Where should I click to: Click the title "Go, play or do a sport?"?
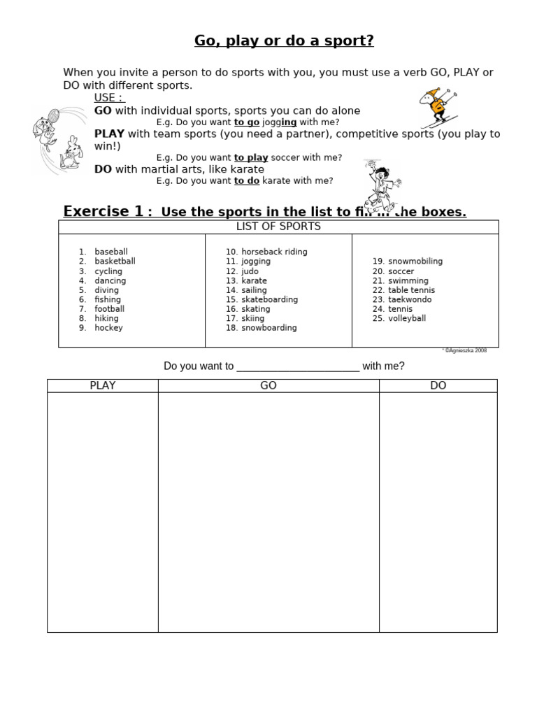pyautogui.click(x=284, y=41)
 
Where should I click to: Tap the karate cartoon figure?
pyautogui.click(x=380, y=185)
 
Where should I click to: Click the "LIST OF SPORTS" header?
pyautogui.click(x=278, y=227)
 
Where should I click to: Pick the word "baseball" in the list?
pyautogui.click(x=111, y=252)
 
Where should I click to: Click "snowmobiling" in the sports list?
pyautogui.click(x=415, y=262)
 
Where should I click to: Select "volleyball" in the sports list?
pyautogui.click(x=407, y=318)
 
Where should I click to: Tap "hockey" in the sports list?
pyautogui.click(x=108, y=328)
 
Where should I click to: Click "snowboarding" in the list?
pyautogui.click(x=268, y=328)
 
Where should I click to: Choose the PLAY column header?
pyautogui.click(x=103, y=386)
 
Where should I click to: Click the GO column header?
pyautogui.click(x=268, y=386)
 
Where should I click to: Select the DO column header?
pyautogui.click(x=438, y=386)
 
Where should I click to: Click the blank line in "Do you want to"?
pyautogui.click(x=298, y=367)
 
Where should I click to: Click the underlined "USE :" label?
pyautogui.click(x=108, y=98)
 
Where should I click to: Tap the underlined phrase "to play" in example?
pyautogui.click(x=251, y=158)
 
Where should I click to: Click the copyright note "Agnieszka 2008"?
pyautogui.click(x=465, y=350)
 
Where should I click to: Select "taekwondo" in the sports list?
pyautogui.click(x=410, y=299)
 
